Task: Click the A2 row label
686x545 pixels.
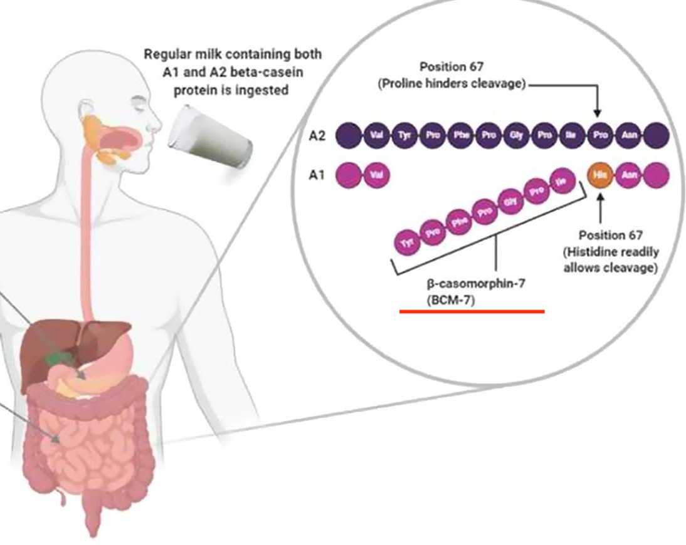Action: click(x=318, y=135)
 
